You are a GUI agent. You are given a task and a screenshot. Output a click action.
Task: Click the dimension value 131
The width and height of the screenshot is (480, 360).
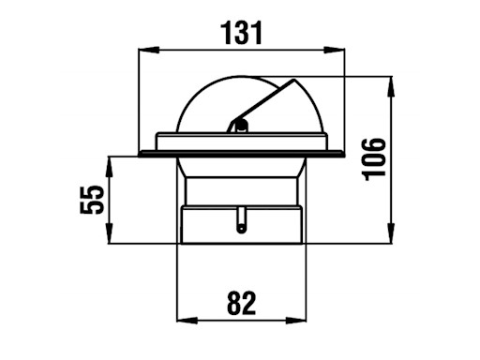241,33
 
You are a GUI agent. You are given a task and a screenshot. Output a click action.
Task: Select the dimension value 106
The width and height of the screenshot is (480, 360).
374,159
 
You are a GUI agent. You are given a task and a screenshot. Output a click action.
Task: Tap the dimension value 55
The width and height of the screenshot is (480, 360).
92,200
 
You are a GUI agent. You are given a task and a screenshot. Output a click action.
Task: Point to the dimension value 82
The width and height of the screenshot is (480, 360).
241,303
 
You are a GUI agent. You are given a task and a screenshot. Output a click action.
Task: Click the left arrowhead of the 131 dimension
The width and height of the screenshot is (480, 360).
149,50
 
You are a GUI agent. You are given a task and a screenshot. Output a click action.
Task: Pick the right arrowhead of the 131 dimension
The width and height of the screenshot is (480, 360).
334,50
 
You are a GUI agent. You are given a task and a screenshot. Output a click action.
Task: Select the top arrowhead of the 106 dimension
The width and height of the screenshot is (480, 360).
391,86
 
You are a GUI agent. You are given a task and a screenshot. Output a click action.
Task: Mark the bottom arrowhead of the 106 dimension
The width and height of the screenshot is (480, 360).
391,232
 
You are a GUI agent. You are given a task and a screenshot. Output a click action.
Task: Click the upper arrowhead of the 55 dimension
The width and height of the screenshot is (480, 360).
109,167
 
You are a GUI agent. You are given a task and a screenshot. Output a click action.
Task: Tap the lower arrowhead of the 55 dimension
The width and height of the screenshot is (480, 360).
109,232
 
